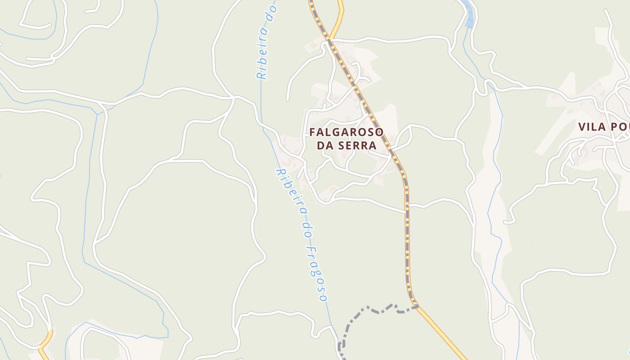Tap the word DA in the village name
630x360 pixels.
[x=324, y=145]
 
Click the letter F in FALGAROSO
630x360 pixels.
[x=313, y=132]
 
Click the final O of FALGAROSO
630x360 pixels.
[x=379, y=132]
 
